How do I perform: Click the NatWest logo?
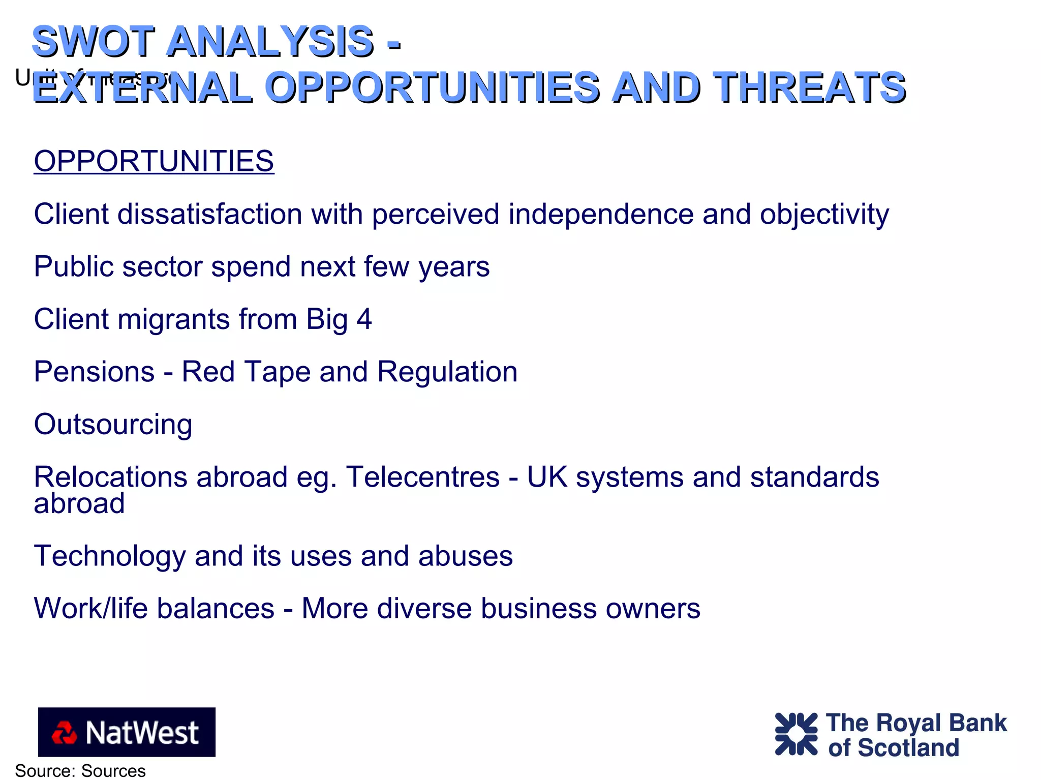pos(127,732)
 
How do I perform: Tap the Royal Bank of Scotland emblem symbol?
pos(796,734)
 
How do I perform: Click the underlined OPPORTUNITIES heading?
pos(154,161)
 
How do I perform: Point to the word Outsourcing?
pos(113,424)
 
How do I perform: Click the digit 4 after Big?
pos(364,319)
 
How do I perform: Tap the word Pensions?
pos(94,372)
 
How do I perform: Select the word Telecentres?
pos(423,477)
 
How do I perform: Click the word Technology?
pos(109,556)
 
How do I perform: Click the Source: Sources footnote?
pos(80,770)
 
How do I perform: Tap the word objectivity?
pos(824,214)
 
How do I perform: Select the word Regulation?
pos(447,372)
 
